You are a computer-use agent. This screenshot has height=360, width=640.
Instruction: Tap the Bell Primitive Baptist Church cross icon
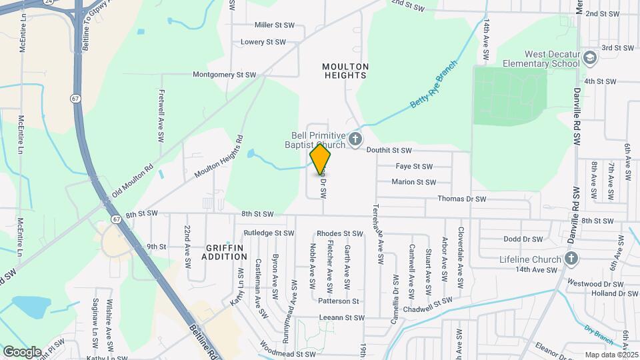pos(355,139)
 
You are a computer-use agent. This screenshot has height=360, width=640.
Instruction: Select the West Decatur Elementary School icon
pos(589,58)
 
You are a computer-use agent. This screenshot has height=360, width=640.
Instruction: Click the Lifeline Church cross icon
pos(571,258)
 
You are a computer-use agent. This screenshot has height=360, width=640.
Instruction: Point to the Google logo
pos(22,351)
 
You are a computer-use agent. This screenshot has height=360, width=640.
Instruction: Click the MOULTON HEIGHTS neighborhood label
pos(345,71)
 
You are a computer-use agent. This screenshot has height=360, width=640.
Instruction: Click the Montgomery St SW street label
pos(225,75)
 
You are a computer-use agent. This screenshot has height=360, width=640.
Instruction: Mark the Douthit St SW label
pos(389,151)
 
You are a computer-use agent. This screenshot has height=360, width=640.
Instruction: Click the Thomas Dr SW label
pos(459,199)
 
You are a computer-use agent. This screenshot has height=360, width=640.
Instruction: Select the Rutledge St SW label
pos(269,233)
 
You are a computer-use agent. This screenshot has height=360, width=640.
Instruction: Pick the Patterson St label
pos(339,301)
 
